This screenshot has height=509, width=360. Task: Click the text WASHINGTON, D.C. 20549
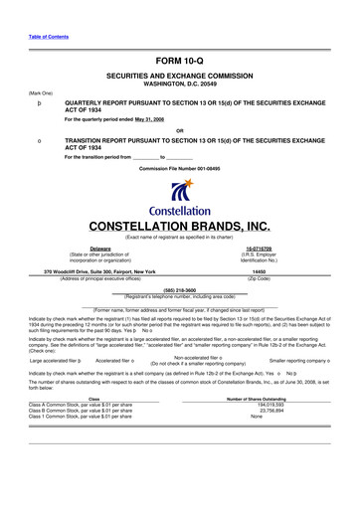180,85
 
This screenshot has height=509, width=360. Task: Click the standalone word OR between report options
180,130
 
